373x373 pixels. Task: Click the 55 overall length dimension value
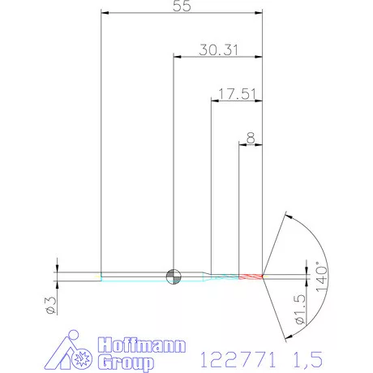[182, 6]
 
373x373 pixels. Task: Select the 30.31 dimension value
[219, 50]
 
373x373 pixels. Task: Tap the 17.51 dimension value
[237, 94]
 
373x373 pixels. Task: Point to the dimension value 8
[251, 138]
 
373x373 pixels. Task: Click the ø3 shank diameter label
[51, 306]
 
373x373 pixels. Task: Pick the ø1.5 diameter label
[300, 310]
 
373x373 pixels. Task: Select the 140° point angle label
[321, 277]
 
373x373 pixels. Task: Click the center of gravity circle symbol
[174, 277]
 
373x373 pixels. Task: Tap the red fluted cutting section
[251, 277]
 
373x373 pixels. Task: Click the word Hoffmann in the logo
[142, 345]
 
